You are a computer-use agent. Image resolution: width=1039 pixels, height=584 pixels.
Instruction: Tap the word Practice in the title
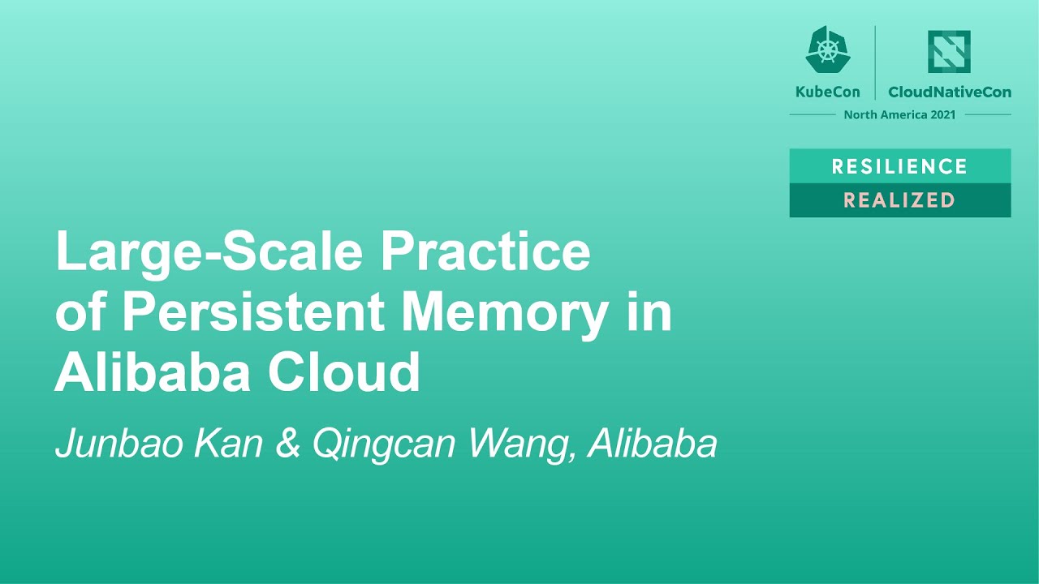(x=485, y=252)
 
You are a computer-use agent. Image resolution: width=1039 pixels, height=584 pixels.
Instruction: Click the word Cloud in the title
(x=344, y=372)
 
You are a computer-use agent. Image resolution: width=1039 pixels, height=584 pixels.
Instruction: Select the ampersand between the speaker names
(x=288, y=444)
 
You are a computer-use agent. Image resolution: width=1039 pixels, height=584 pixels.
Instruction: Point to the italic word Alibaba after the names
(x=653, y=444)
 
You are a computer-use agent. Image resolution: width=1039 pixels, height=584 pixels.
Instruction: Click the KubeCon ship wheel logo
(x=828, y=50)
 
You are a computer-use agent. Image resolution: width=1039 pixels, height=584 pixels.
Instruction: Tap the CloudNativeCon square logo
(x=950, y=51)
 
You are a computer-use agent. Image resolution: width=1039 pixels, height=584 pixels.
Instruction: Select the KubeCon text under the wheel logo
(x=828, y=92)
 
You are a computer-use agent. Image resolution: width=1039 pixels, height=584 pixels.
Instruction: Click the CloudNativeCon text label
(x=950, y=92)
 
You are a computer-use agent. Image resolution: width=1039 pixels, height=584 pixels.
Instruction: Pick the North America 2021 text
(x=899, y=114)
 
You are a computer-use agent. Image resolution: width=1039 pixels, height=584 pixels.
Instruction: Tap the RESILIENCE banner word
(x=899, y=166)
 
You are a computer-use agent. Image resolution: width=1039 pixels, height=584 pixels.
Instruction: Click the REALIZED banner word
(x=899, y=200)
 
